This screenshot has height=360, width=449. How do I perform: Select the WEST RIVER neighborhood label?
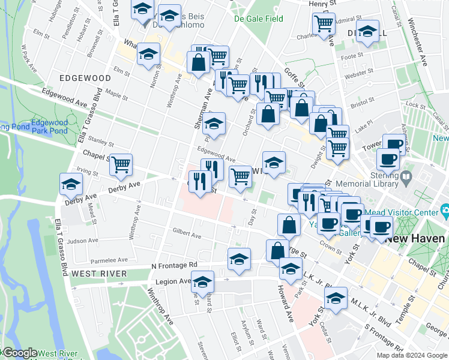tap(98, 274)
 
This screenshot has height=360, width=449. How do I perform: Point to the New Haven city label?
tap(415, 238)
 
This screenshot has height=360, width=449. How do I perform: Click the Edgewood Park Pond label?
tap(49, 127)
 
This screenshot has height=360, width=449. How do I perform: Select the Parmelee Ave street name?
tap(109, 260)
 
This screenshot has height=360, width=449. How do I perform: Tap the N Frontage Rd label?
tap(174, 265)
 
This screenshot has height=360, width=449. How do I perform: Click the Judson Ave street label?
tap(82, 241)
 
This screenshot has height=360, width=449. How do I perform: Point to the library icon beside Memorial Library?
tap(406, 177)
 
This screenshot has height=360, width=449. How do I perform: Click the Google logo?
tap(20, 353)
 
